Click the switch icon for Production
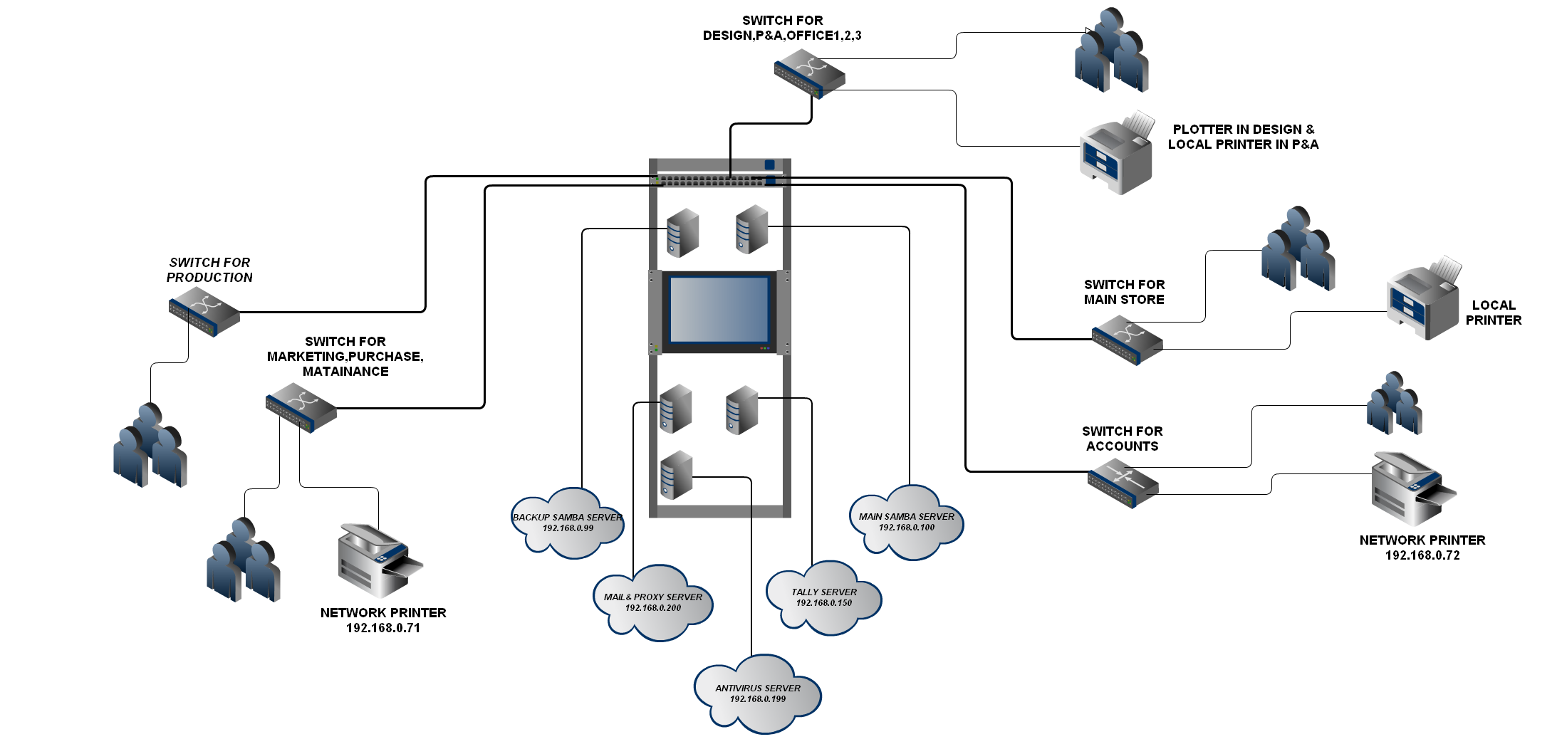(204, 312)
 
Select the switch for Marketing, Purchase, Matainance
(301, 408)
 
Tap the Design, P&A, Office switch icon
(809, 73)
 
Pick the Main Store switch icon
(1127, 340)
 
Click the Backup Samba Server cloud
(568, 523)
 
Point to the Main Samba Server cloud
(906, 523)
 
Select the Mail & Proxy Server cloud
(653, 603)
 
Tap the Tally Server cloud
(824, 598)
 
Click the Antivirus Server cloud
(758, 694)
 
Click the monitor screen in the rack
(719, 310)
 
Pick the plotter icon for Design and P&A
(1115, 154)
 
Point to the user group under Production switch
(150, 445)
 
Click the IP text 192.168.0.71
(383, 628)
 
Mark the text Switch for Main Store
(1124, 292)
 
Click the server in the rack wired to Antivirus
(676, 475)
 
